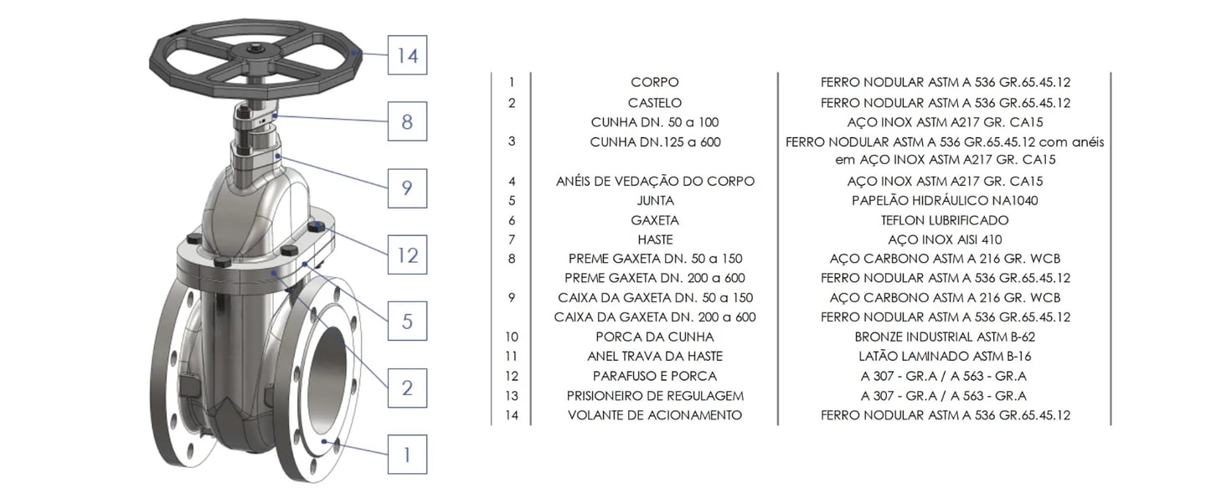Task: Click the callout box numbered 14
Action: click(407, 55)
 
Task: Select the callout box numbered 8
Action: click(407, 121)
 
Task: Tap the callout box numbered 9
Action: click(407, 188)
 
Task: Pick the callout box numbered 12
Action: click(407, 254)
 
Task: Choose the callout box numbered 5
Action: click(407, 321)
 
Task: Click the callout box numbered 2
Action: click(407, 388)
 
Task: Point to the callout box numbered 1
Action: click(407, 455)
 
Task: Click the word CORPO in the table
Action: click(654, 83)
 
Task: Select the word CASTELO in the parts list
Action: click(654, 103)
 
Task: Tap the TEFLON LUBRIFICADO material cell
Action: click(945, 221)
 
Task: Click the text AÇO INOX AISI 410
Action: click(945, 240)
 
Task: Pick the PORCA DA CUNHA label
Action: click(654, 337)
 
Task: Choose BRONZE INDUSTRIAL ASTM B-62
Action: click(945, 337)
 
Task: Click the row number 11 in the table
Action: click(512, 356)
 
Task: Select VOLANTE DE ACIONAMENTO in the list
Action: click(654, 415)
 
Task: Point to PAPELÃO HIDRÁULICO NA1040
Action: click(945, 201)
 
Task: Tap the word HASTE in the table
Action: click(654, 240)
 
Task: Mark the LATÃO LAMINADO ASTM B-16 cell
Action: click(945, 356)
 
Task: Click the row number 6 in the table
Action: click(512, 221)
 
